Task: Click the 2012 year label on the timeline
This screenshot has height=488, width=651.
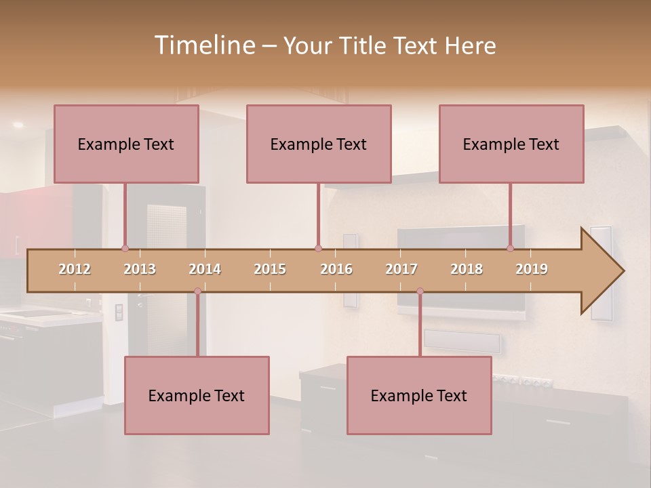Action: (x=75, y=269)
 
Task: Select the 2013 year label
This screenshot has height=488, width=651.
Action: (x=140, y=269)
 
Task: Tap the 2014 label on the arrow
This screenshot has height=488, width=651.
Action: (x=205, y=269)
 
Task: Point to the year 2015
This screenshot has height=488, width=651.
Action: (x=270, y=269)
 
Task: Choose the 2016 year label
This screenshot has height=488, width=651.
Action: (x=336, y=269)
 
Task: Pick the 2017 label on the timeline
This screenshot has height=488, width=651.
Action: (x=401, y=269)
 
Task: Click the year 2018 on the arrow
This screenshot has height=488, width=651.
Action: (x=467, y=269)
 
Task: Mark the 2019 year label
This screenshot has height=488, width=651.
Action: (x=532, y=269)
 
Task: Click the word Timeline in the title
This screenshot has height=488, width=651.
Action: (x=203, y=45)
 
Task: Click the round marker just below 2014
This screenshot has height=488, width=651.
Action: (x=197, y=291)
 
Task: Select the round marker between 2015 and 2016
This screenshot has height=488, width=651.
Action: (x=318, y=248)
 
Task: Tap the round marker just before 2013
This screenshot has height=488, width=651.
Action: (x=125, y=248)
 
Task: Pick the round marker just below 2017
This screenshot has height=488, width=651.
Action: (x=420, y=291)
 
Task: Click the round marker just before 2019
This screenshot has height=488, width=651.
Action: (x=511, y=248)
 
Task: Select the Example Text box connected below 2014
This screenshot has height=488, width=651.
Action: (x=197, y=395)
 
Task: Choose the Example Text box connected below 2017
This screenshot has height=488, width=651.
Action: (x=419, y=395)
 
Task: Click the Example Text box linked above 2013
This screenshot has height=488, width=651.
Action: (x=126, y=144)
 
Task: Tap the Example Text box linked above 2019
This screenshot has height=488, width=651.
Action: (x=511, y=144)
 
